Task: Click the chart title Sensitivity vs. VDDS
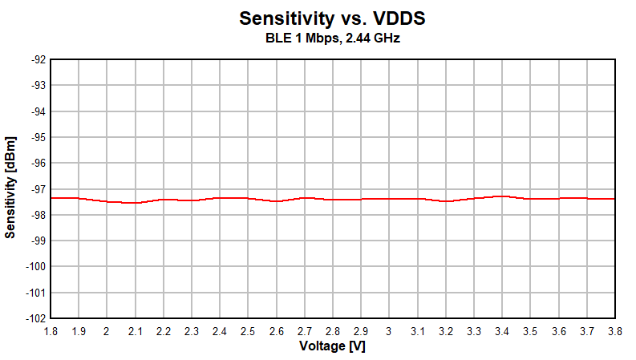pos(332,18)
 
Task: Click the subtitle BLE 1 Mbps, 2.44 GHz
pos(332,38)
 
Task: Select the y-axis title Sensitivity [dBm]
pos(10,188)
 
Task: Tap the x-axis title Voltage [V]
pos(332,346)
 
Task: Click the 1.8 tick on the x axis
pos(51,331)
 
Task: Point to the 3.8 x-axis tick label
pos(615,331)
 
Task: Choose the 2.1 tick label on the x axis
pos(136,331)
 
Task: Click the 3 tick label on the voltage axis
pos(389,331)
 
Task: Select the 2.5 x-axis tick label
pos(248,331)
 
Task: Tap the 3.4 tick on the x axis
pos(502,331)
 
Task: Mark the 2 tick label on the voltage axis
pos(107,331)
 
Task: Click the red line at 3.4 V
pos(502,196)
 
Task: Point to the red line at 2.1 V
pos(135,203)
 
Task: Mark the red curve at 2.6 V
pos(276,200)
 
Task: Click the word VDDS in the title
pos(399,18)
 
